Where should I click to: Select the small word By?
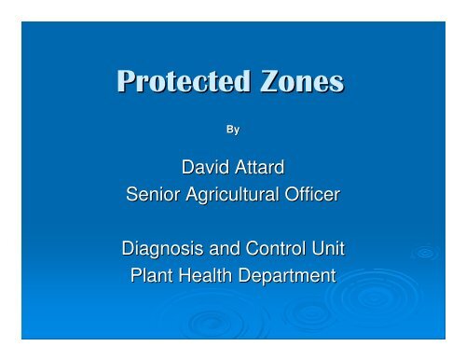(x=233, y=130)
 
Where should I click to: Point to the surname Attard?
(x=263, y=170)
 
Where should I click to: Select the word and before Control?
(x=224, y=250)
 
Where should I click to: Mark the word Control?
(x=274, y=250)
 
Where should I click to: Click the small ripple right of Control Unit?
(x=426, y=252)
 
